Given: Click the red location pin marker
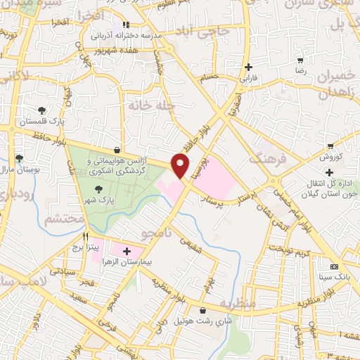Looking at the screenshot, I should click(x=181, y=165).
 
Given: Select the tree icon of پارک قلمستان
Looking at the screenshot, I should click(x=42, y=110).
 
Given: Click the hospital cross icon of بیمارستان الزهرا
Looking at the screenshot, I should click(x=127, y=250).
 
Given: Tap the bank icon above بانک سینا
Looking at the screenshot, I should click(x=334, y=266).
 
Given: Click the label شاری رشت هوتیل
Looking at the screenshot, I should click(x=202, y=321).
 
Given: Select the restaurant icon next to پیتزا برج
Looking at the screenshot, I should click(x=86, y=237).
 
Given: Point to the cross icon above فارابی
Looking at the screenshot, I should click(x=247, y=67).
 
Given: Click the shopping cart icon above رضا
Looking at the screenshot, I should click(x=301, y=60).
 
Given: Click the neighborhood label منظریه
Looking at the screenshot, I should click(x=233, y=304).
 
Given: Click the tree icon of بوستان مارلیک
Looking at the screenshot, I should click(x=19, y=158).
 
